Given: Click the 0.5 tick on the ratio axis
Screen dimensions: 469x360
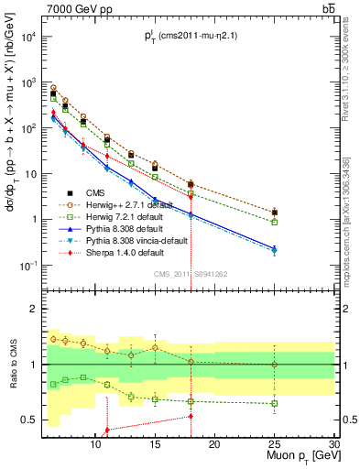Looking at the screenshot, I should (34, 420).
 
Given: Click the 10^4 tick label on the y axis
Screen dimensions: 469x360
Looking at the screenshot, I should (32, 38).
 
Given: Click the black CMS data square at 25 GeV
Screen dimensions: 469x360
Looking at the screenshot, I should (275, 213).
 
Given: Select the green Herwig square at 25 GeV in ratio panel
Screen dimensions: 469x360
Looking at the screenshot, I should (275, 403).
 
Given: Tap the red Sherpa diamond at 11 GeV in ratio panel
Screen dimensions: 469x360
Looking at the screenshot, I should (107, 430).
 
